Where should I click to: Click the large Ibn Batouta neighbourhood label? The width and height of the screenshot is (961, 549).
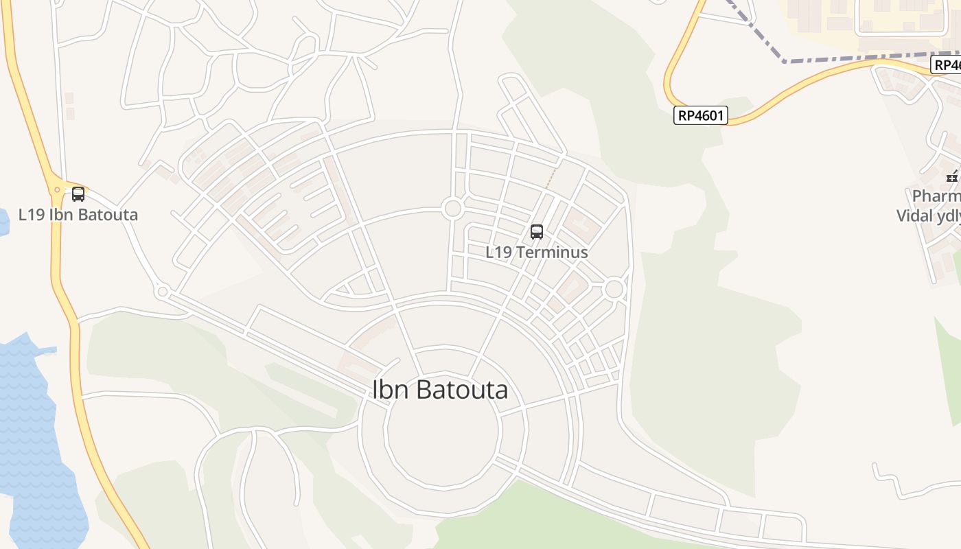pyautogui.click(x=440, y=390)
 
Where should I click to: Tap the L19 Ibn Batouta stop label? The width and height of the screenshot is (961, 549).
pyautogui.click(x=78, y=215)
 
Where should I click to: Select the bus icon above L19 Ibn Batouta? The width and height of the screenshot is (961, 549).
pyautogui.click(x=78, y=194)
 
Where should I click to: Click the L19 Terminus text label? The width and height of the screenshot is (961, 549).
pyautogui.click(x=537, y=252)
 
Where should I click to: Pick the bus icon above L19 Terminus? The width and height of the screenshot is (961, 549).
pyautogui.click(x=537, y=232)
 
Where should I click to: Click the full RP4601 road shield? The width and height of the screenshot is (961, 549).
pyautogui.click(x=700, y=115)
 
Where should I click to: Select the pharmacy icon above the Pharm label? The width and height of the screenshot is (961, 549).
pyautogui.click(x=953, y=176)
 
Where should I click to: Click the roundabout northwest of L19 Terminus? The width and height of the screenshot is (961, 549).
pyautogui.click(x=452, y=208)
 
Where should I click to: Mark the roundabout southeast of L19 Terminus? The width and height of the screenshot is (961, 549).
pyautogui.click(x=614, y=289)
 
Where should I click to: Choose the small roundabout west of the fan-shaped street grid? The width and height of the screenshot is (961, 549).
pyautogui.click(x=163, y=292)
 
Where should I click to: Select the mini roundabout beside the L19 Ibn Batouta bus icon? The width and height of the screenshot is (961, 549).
pyautogui.click(x=58, y=190)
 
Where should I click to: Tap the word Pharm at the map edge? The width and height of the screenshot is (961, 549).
pyautogui.click(x=936, y=197)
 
